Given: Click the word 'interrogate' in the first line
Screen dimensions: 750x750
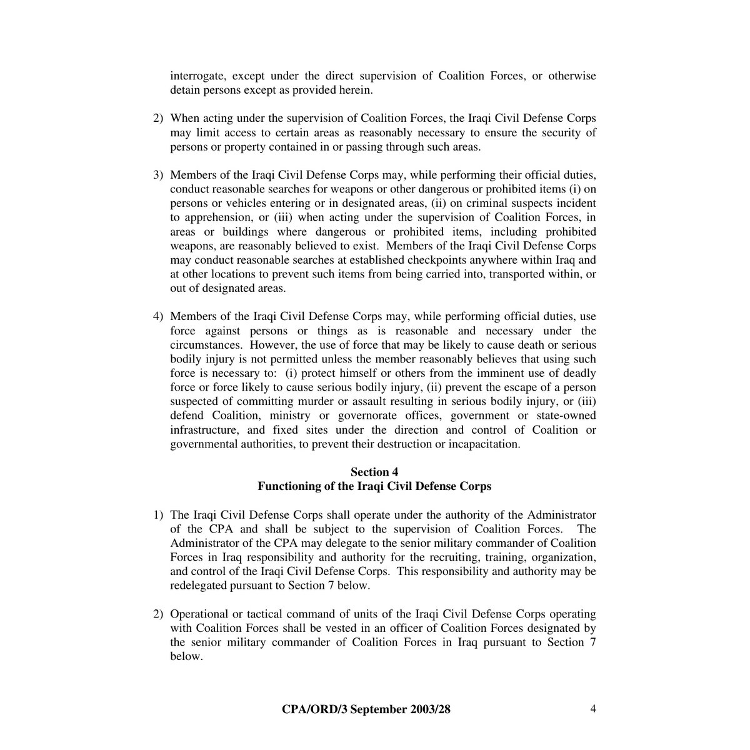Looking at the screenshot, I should pos(197,76).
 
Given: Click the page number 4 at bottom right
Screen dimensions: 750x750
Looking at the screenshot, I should pos(593,708).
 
